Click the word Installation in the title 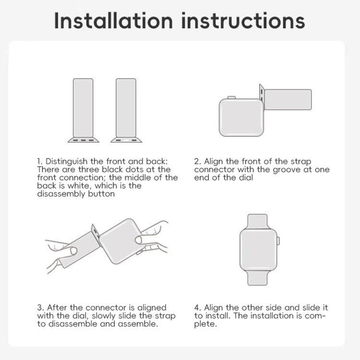(x=113, y=21)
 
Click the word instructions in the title (x=243, y=21)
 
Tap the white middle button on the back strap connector (x=126, y=140)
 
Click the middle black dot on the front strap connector (x=84, y=140)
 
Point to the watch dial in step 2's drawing (x=241, y=118)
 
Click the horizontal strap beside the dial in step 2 (x=288, y=99)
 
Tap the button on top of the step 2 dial (x=231, y=97)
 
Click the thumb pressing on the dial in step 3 (x=139, y=240)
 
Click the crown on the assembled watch (x=278, y=241)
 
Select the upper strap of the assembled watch (x=258, y=222)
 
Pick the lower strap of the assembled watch (x=258, y=278)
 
